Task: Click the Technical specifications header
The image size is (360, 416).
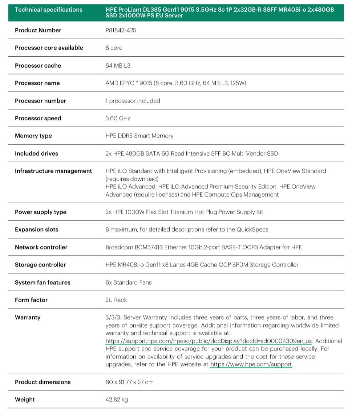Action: tap(49, 10)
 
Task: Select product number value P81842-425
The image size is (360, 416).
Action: tap(121, 31)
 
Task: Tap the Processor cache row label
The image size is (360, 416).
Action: tap(38, 66)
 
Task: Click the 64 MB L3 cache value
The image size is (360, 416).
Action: tap(118, 66)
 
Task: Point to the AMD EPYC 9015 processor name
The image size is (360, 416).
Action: tap(176, 83)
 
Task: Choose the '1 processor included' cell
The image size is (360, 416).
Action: tap(133, 101)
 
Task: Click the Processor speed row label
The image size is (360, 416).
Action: tap(38, 119)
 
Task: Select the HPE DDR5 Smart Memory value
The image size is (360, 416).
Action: tap(139, 136)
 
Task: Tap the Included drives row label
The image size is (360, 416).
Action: tap(36, 153)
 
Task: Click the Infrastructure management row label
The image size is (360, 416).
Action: tap(53, 171)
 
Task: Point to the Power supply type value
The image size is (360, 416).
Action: tap(184, 212)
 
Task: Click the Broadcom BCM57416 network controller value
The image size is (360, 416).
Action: tap(203, 247)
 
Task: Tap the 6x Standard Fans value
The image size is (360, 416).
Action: tap(129, 283)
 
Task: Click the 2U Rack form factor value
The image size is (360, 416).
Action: tap(116, 300)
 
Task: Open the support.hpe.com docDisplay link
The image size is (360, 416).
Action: tap(209, 341)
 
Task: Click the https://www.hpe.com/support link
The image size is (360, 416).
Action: tap(251, 364)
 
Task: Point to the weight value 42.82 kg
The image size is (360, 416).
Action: tap(117, 400)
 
